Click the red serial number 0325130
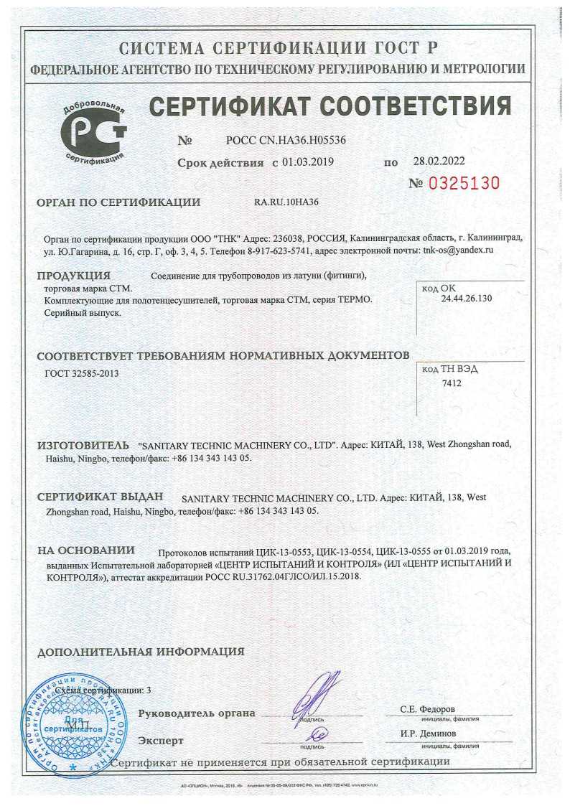point(463,183)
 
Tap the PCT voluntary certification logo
point(94,129)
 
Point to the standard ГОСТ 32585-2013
point(82,374)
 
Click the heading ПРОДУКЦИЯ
point(73,276)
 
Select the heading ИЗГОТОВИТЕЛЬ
point(83,445)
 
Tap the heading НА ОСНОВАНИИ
point(86,550)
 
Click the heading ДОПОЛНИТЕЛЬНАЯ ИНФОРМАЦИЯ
point(141,652)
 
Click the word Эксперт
point(161,740)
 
